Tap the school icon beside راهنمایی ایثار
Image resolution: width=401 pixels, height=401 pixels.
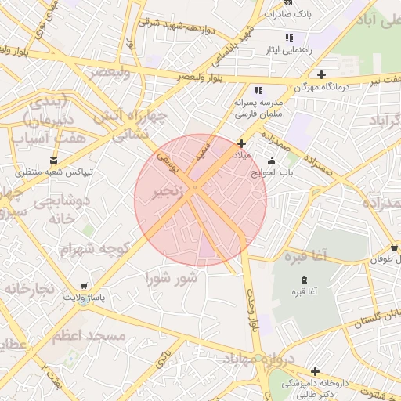point(289,38)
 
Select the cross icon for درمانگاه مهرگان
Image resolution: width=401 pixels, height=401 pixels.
point(322,74)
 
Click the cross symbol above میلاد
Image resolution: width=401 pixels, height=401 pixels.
point(241,143)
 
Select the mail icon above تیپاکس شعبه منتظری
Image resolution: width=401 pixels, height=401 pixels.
point(53,160)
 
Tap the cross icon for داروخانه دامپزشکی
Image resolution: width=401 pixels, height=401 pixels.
point(315,371)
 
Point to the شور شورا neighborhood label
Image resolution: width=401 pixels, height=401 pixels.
point(175,277)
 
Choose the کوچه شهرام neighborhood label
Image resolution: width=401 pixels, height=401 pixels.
point(94,248)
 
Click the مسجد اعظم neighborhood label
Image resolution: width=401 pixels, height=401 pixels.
point(89,335)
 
